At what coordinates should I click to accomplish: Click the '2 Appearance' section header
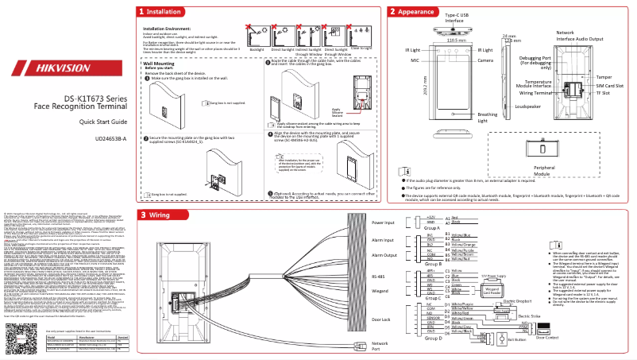(x=411, y=12)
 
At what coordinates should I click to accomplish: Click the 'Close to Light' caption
(x=361, y=48)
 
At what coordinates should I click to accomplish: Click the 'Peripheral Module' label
(x=544, y=170)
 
